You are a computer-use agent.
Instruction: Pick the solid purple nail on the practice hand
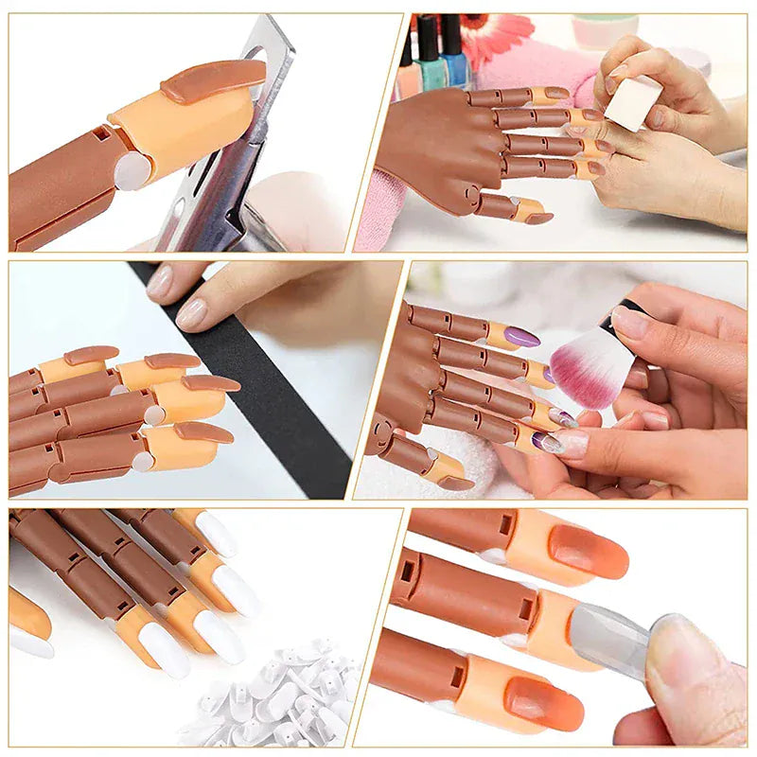(521, 337)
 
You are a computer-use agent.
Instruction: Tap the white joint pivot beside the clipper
(132, 170)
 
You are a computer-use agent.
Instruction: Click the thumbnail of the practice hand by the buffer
(539, 218)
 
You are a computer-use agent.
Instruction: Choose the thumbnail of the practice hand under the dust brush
(455, 483)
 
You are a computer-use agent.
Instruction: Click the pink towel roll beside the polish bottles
(530, 71)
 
